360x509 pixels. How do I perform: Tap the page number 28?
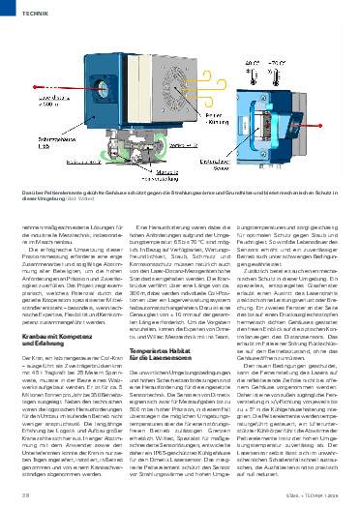click(18, 495)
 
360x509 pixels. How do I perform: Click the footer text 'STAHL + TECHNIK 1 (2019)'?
click(316, 495)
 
